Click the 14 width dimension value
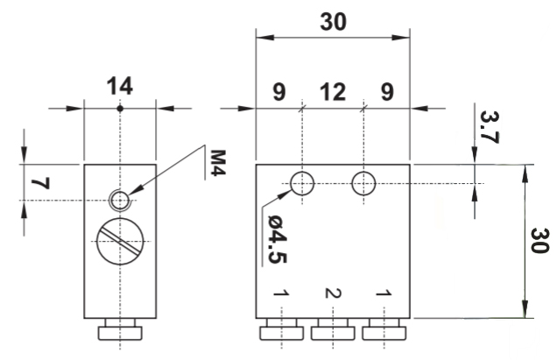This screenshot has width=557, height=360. click(x=119, y=87)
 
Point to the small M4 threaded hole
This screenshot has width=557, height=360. click(x=119, y=201)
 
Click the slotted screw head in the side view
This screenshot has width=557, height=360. click(x=120, y=239)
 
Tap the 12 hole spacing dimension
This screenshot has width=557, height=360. click(x=332, y=91)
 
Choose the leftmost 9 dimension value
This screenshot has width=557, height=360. click(x=278, y=91)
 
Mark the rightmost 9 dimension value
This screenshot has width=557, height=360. click(x=386, y=91)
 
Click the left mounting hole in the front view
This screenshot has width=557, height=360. click(x=301, y=183)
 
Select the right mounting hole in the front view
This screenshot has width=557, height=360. click(x=363, y=183)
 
